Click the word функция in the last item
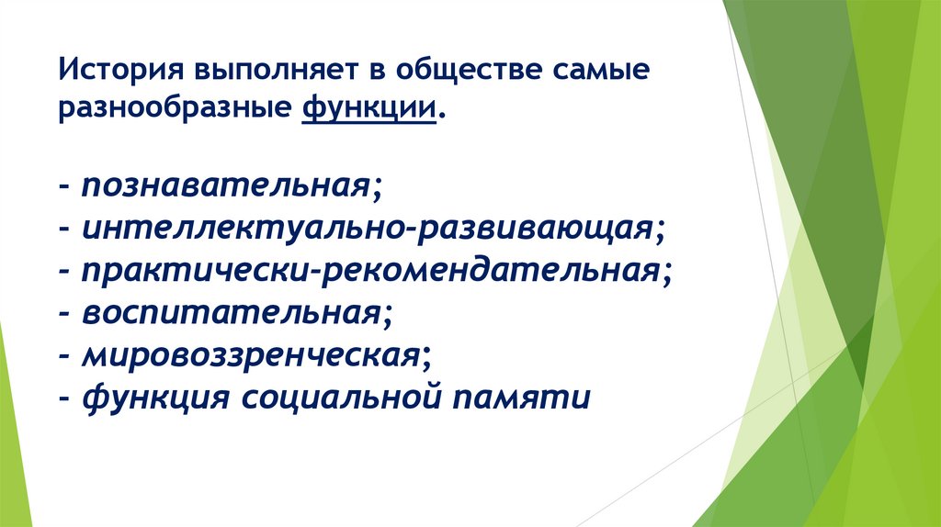coord(152,398)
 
